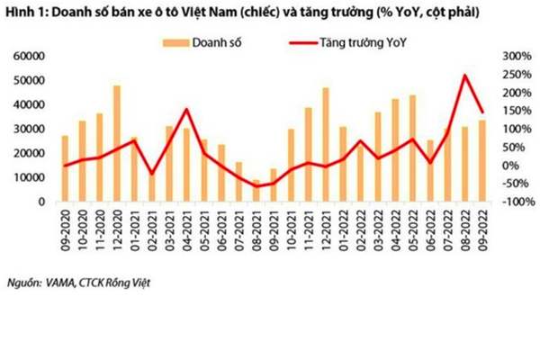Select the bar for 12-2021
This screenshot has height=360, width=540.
coord(325,145)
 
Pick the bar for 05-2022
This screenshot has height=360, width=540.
coord(412,148)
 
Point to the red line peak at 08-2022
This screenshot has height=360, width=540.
coord(464,76)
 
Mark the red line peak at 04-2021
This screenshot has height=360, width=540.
coord(186,110)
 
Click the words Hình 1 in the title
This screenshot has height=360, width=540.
coord(26,14)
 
